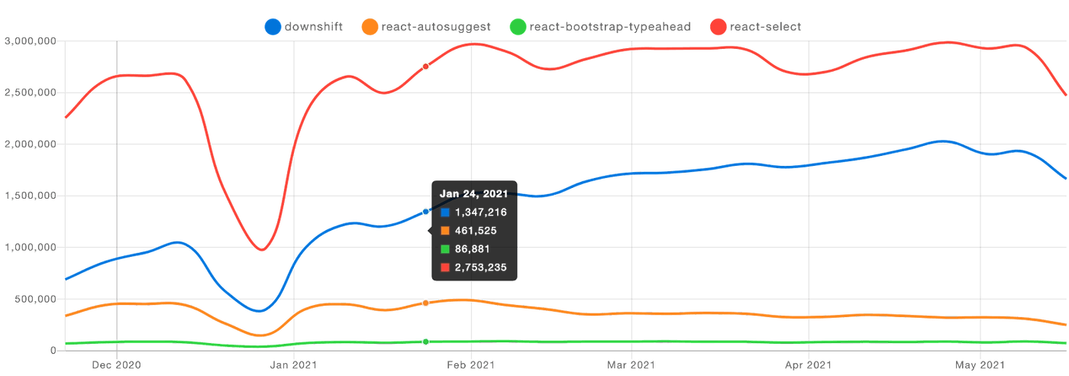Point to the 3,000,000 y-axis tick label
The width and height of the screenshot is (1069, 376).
(x=31, y=41)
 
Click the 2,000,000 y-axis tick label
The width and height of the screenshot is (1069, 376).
(x=31, y=144)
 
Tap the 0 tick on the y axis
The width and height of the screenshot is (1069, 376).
(x=53, y=350)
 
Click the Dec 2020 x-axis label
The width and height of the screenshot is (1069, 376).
(x=115, y=365)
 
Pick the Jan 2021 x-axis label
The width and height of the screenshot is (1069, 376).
(x=294, y=365)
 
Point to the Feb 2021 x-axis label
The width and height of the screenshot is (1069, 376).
(x=471, y=365)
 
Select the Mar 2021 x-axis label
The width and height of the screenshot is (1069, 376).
(x=631, y=365)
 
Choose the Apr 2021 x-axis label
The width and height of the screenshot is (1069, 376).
(x=808, y=365)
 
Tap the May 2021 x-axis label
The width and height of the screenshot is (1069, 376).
(x=980, y=365)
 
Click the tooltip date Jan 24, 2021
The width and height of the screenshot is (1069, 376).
(x=473, y=194)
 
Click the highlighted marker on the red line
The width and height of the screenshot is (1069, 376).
(x=426, y=66)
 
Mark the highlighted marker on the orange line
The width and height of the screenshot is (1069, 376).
(x=426, y=303)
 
